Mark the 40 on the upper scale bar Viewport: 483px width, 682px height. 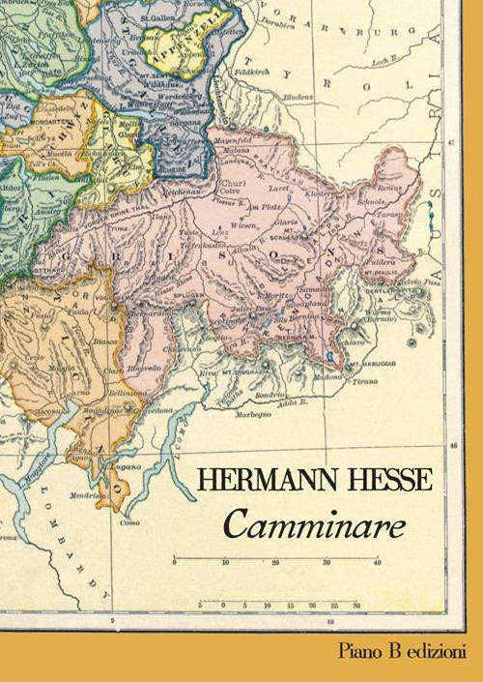tap(378, 561)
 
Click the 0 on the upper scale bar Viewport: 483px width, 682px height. tap(174, 561)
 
